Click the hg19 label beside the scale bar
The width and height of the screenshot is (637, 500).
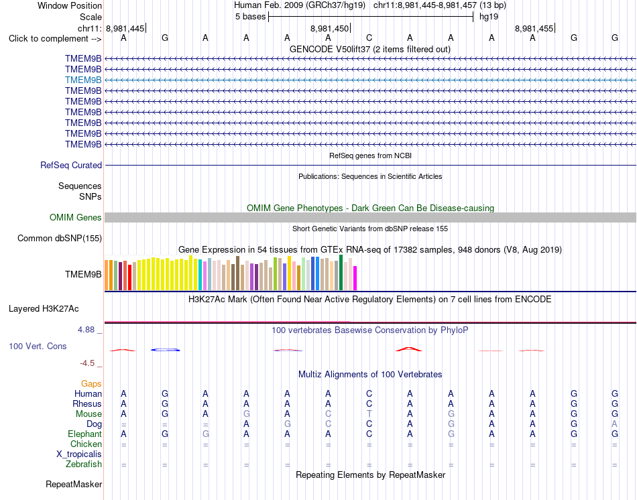(x=489, y=17)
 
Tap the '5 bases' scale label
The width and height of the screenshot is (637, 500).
(x=250, y=17)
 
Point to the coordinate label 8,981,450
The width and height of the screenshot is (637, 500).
(x=329, y=28)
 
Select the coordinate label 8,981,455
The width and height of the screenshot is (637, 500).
(x=534, y=28)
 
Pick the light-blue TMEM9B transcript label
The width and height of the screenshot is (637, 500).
(x=83, y=80)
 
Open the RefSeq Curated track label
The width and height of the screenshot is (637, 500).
(x=71, y=166)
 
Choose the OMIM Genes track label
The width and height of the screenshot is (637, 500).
(x=76, y=217)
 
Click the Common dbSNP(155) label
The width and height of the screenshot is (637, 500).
(x=60, y=239)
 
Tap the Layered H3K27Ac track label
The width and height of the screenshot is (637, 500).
(x=44, y=309)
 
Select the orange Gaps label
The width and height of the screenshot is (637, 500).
(x=91, y=384)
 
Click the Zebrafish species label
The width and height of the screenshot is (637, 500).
(x=84, y=464)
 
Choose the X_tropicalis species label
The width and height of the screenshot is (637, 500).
(x=79, y=454)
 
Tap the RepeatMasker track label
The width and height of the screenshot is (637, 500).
(x=74, y=484)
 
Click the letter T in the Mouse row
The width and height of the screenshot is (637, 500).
(x=369, y=414)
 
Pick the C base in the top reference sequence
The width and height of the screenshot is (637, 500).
(x=369, y=38)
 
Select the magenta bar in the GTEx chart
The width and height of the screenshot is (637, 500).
(x=355, y=278)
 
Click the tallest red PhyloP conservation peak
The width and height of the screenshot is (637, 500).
(x=409, y=349)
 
